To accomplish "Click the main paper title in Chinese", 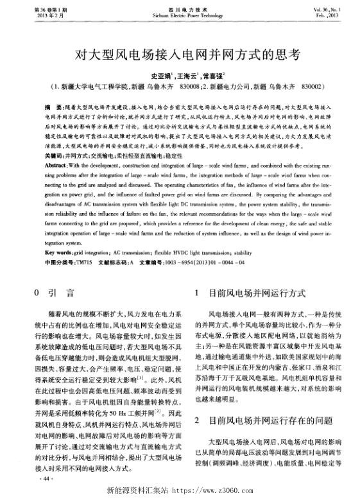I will pos(180,55).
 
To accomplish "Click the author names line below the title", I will pos(180,74).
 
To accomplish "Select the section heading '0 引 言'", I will pos(54,293).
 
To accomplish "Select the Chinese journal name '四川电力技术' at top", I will pos(180,8).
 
